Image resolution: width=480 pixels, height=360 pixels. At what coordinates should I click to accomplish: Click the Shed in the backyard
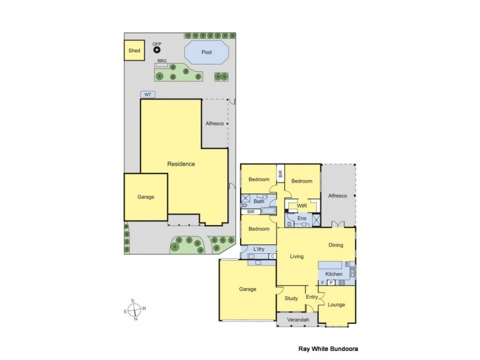[x=134, y=50]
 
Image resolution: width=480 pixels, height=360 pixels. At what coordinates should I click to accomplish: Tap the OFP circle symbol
[x=157, y=51]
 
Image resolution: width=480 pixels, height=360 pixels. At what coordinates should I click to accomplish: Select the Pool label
[x=206, y=52]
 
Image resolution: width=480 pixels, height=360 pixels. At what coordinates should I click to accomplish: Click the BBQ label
[x=161, y=61]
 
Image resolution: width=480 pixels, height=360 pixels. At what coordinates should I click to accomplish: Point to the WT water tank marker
[x=148, y=95]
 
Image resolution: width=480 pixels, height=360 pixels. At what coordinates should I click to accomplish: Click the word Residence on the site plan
[x=181, y=164]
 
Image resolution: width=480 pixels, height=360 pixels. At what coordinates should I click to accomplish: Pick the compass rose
[x=136, y=310]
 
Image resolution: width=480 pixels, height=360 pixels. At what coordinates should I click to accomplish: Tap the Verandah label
[x=298, y=320]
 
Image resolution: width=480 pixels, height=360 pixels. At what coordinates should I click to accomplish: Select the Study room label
[x=292, y=298]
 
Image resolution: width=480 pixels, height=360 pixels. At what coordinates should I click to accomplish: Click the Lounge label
[x=336, y=304]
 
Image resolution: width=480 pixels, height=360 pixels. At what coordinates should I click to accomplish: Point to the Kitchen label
[x=334, y=274]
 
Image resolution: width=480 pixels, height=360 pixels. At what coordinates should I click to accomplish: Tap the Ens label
[x=302, y=219]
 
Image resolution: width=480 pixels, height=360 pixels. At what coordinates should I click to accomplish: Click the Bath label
[x=259, y=202]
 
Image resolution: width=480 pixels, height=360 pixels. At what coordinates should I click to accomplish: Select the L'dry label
[x=259, y=248]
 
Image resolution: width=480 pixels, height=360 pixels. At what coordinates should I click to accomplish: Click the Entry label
[x=311, y=297]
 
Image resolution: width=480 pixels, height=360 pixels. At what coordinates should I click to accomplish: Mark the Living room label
[x=296, y=257]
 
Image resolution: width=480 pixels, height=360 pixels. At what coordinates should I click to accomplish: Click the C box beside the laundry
[x=272, y=256]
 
